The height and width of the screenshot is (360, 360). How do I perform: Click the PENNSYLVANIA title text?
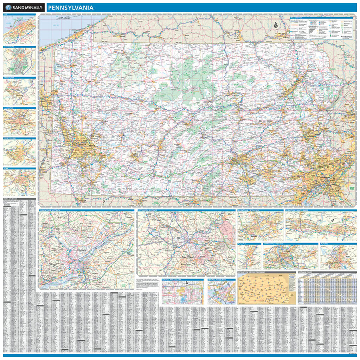(x=70, y=7)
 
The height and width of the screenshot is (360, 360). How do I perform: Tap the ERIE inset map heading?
(x=5, y=14)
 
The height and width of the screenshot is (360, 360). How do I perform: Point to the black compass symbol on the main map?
(x=275, y=25)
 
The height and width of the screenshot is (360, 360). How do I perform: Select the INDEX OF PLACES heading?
(x=11, y=199)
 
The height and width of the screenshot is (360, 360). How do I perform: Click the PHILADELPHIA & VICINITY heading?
(x=53, y=210)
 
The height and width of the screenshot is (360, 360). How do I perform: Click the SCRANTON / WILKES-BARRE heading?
(x=299, y=210)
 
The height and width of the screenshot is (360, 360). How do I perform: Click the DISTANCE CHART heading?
(x=307, y=272)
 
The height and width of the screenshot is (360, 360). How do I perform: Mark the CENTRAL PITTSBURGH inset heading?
(x=217, y=279)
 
